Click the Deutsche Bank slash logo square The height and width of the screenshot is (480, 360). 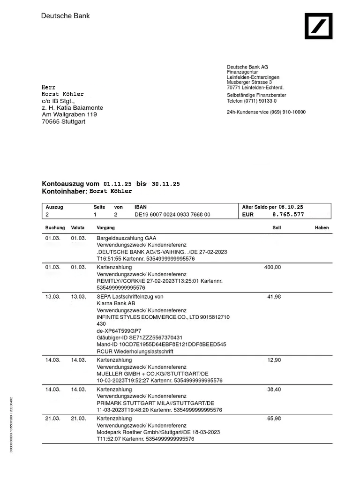(319, 26)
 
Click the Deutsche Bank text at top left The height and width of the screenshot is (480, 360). (66, 16)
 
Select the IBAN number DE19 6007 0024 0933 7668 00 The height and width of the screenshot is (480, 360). (172, 215)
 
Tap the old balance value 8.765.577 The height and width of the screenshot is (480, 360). (288, 215)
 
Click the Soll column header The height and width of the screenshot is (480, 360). (277, 228)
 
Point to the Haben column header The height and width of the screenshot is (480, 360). (322, 228)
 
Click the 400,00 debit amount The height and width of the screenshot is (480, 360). (273, 267)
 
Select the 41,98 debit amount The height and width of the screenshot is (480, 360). (274, 297)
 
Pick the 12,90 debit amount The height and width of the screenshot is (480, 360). (274, 360)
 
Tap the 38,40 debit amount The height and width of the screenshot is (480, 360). (274, 390)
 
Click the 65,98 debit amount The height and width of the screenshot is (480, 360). (274, 419)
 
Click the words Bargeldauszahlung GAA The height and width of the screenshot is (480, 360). (127, 238)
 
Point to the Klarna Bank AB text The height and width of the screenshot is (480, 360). (116, 304)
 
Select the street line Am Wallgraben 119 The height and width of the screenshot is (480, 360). (69, 114)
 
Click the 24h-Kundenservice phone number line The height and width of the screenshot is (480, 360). (266, 112)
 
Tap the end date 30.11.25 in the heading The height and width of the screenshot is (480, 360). (166, 184)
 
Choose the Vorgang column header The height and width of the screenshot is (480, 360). (105, 228)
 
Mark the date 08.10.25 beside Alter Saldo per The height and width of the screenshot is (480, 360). (291, 207)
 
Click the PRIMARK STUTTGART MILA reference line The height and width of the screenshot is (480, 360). (155, 403)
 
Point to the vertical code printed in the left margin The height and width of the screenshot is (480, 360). (11, 425)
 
